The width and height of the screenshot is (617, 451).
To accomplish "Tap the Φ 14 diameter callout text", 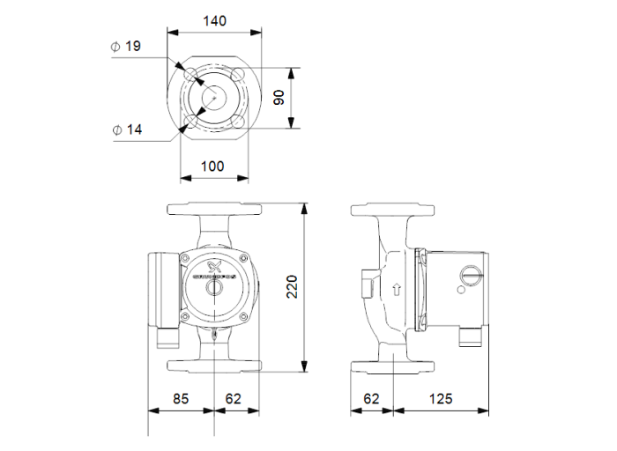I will (127, 129).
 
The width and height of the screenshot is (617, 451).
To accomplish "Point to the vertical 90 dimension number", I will (279, 97).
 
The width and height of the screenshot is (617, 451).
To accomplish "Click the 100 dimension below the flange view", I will (212, 166).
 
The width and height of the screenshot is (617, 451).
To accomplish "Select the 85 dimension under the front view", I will (181, 399).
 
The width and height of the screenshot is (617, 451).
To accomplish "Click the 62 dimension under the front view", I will (234, 399).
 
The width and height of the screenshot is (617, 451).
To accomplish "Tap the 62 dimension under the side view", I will (372, 399).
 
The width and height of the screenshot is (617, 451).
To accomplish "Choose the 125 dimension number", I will (441, 399).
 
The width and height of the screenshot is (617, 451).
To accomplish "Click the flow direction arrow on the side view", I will (397, 288).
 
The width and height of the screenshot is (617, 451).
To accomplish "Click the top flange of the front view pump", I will (214, 211).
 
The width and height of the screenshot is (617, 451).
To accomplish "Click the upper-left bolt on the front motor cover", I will (188, 257).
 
